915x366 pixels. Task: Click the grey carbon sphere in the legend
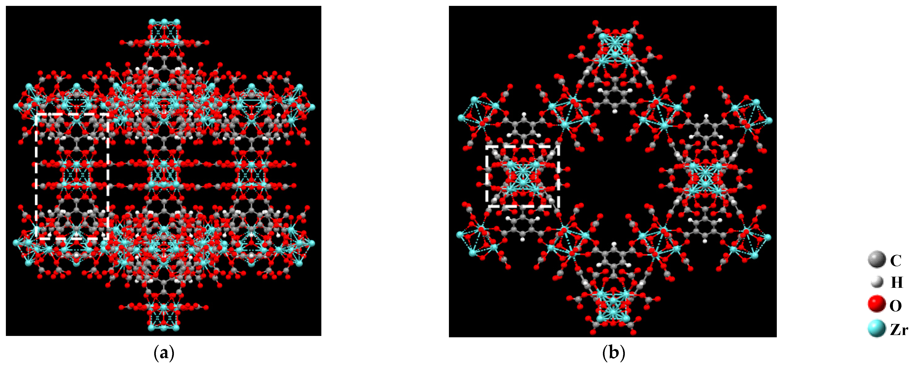[877, 260]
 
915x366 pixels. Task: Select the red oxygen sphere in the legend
[876, 305]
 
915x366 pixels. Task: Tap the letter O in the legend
[895, 306]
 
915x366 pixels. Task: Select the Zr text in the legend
[899, 330]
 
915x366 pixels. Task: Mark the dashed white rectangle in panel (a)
[72, 176]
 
